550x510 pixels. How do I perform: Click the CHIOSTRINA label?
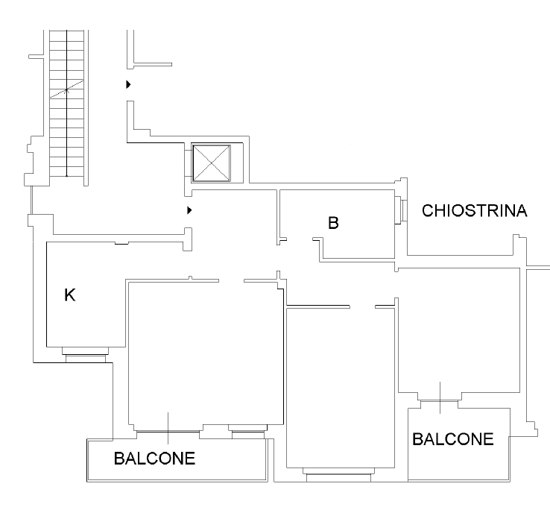(474, 210)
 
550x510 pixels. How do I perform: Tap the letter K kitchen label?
(70, 295)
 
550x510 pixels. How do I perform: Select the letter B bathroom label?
(333, 223)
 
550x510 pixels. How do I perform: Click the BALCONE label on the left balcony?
(154, 459)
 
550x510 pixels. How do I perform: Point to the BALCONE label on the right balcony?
(453, 439)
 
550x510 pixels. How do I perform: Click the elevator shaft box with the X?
(211, 163)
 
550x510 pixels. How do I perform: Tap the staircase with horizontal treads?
(66, 103)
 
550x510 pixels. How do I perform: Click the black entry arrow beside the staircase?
(128, 84)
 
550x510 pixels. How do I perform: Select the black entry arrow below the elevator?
(189, 210)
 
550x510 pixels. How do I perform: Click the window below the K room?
(85, 354)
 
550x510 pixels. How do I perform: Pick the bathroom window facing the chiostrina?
(401, 210)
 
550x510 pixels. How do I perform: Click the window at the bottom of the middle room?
(338, 474)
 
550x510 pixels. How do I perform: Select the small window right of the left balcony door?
(248, 432)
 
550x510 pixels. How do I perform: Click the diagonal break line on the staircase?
(66, 89)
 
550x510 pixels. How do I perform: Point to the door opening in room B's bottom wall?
(300, 239)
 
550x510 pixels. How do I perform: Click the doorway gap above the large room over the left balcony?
(232, 281)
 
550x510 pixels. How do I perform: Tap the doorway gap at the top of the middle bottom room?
(362, 306)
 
